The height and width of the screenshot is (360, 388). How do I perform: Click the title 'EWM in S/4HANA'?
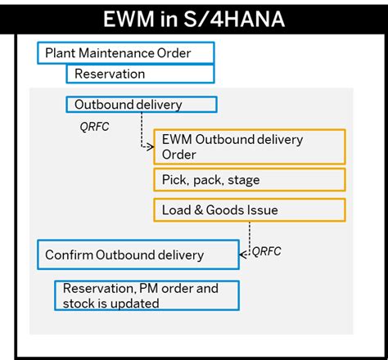[194, 18]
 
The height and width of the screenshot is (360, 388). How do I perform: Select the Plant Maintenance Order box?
[126, 53]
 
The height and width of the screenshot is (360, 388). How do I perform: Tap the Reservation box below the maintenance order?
[140, 74]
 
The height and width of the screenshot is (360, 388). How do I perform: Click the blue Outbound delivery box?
[141, 105]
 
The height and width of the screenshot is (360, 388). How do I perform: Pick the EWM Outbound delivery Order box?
[249, 146]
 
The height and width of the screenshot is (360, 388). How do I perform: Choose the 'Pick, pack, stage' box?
[249, 179]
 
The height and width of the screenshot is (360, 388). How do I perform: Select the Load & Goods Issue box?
[249, 210]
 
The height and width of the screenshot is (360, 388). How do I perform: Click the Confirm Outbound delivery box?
[138, 254]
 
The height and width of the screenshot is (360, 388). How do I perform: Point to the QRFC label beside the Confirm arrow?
[266, 251]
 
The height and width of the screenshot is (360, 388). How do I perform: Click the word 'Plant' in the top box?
[61, 53]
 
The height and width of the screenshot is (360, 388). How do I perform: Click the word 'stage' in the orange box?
[243, 179]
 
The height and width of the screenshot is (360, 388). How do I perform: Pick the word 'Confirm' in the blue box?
[69, 254]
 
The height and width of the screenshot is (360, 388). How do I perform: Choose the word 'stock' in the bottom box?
[79, 303]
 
